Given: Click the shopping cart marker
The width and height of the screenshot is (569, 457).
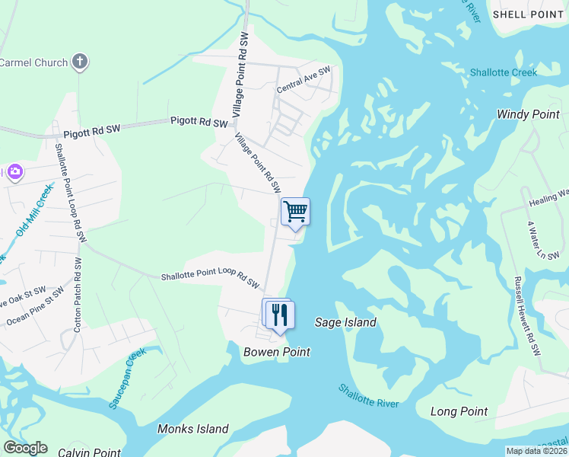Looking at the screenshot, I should [295, 211].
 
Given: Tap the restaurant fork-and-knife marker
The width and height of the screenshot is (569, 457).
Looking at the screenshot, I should [279, 314].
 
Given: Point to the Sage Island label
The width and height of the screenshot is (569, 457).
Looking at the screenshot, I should [345, 322].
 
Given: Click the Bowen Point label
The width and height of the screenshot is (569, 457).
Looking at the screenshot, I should [277, 352].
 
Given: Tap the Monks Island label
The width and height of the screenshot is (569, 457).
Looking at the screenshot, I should [192, 429].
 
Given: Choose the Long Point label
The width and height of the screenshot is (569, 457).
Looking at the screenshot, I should [459, 411].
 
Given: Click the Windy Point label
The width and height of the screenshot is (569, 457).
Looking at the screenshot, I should [528, 114].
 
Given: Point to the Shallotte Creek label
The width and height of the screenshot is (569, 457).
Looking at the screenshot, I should [503, 73].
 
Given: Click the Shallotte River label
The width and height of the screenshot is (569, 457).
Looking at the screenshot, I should [368, 395].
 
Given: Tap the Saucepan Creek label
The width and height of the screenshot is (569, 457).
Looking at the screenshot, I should [126, 379].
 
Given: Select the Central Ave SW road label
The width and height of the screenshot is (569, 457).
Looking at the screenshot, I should [304, 80].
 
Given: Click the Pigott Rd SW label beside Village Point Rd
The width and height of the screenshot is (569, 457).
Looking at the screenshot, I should [199, 122].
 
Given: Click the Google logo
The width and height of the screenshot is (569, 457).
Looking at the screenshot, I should [24, 448].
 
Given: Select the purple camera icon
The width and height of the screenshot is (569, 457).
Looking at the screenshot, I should [14, 173].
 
